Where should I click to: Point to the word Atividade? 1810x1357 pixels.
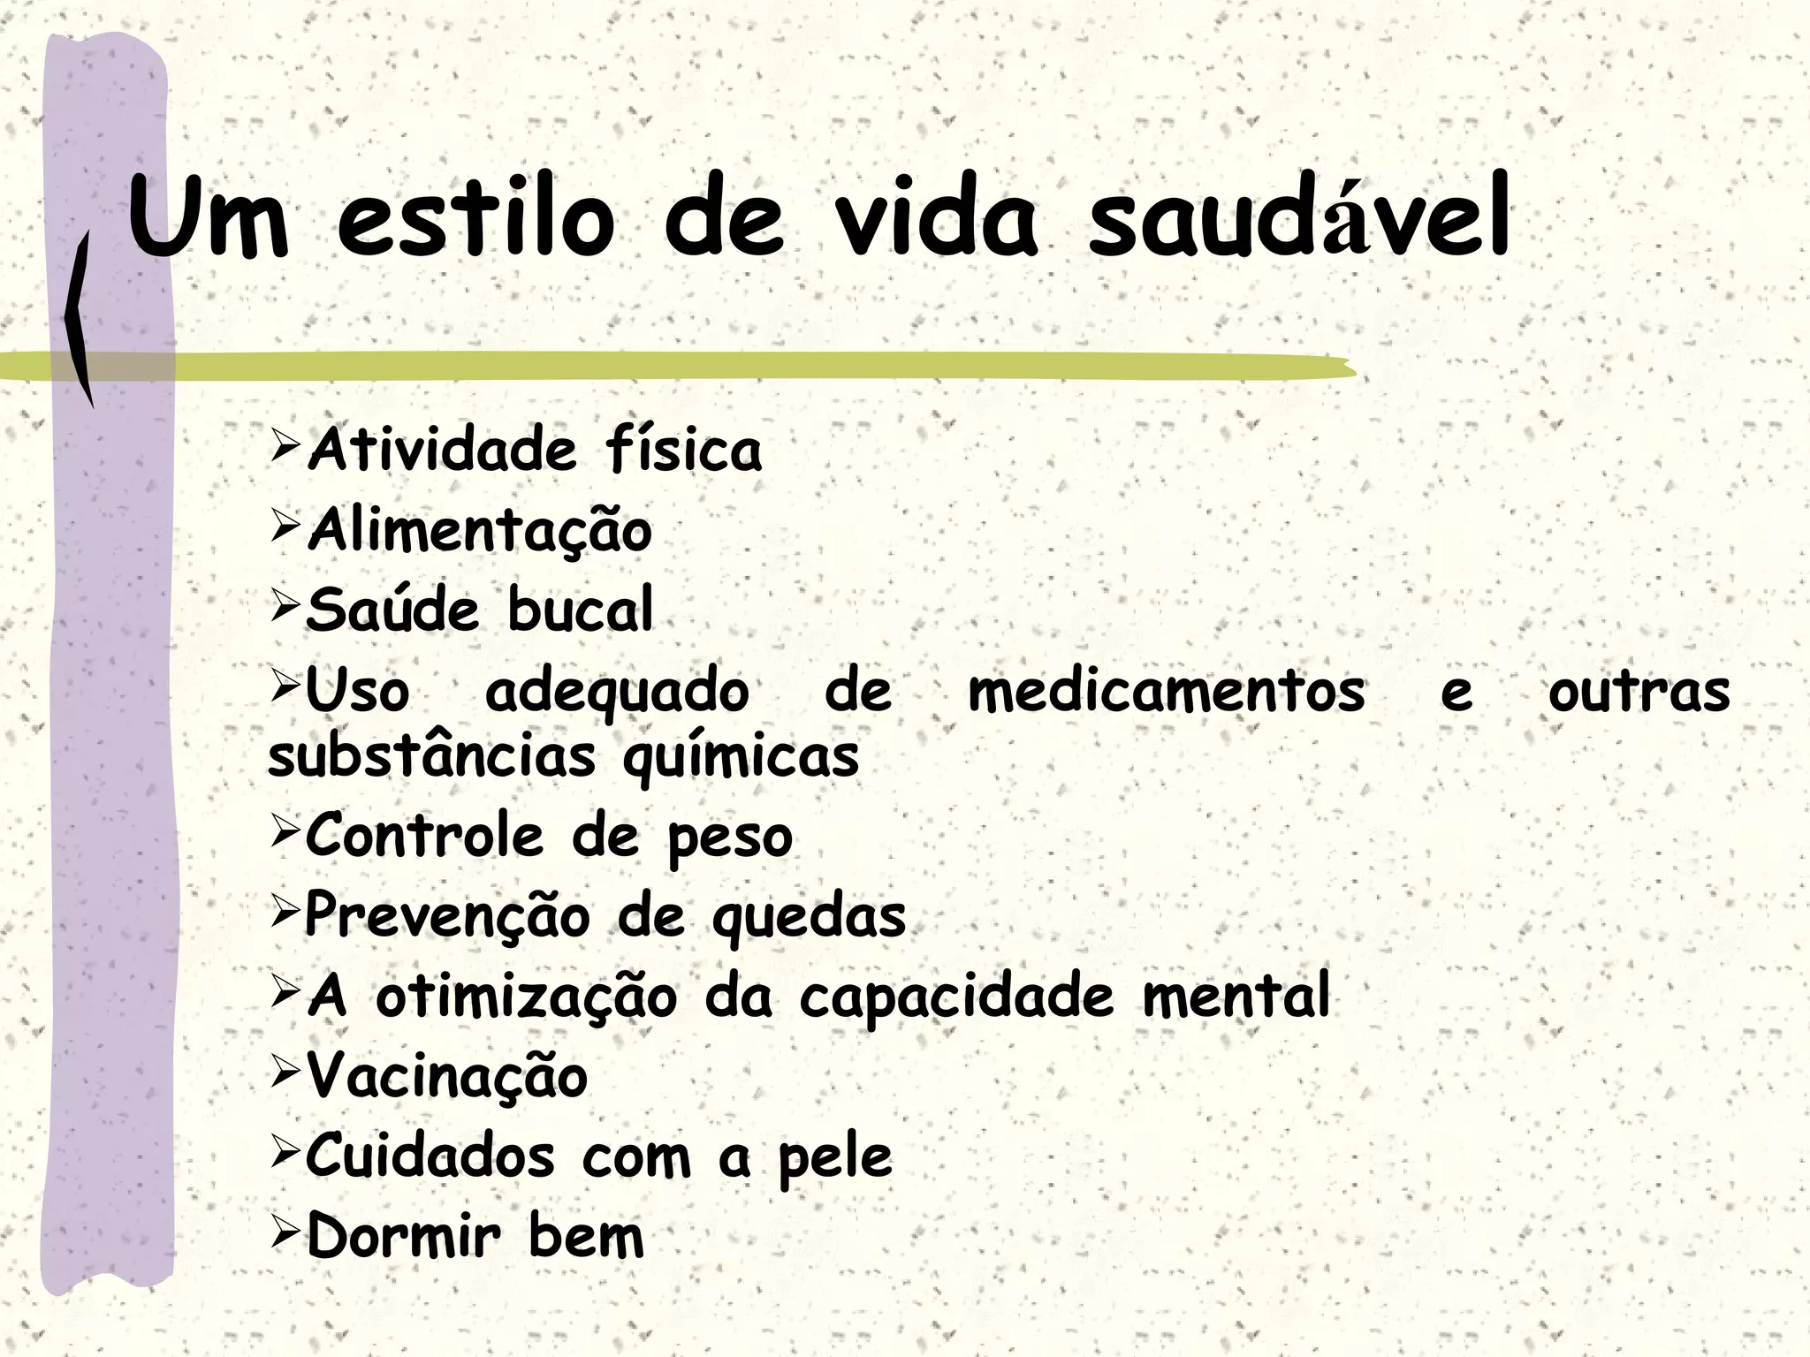pos(442,450)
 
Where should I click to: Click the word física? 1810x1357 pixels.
pos(683,450)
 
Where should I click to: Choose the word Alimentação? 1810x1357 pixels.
pos(479,531)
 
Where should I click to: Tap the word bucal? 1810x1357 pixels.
pos(581,610)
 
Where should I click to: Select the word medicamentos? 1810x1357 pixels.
pos(1167,692)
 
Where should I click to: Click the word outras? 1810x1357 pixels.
pos(1639,692)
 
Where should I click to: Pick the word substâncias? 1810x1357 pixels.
pos(431,757)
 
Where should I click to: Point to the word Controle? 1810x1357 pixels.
pos(424,837)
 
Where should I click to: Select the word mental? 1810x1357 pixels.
pos(1236,996)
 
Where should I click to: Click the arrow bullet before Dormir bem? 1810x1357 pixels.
pos(286,1234)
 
